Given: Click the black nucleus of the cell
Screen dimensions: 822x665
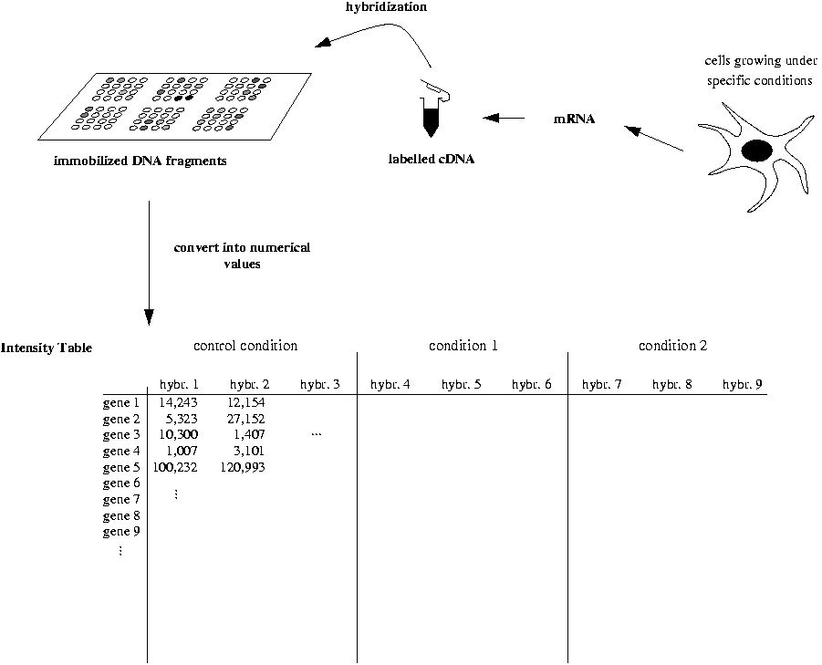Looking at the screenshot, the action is point(756,151).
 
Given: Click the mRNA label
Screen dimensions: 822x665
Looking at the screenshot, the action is point(575,119).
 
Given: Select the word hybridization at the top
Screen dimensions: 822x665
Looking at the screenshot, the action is point(386,6).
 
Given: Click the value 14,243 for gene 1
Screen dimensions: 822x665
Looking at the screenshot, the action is point(178,402).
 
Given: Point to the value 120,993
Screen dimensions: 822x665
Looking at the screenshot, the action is point(243,467).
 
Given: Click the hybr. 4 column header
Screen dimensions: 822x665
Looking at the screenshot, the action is point(390,384).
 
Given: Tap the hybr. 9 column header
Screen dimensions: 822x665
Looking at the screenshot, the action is point(743,384).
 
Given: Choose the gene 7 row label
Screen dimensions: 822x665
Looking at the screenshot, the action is point(121,499).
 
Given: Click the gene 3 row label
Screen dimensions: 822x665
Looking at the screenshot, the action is point(121,435).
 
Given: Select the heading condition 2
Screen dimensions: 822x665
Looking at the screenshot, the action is point(672,346).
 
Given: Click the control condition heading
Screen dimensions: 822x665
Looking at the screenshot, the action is point(245,346).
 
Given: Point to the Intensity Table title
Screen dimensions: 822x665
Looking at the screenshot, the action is point(47,348).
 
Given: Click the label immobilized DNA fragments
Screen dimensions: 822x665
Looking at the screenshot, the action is point(140,161).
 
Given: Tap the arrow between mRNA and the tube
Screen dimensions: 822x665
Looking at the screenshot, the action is point(504,118).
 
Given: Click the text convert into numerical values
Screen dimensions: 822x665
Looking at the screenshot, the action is point(242,255).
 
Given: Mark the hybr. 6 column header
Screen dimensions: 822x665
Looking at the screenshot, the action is point(532,384).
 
